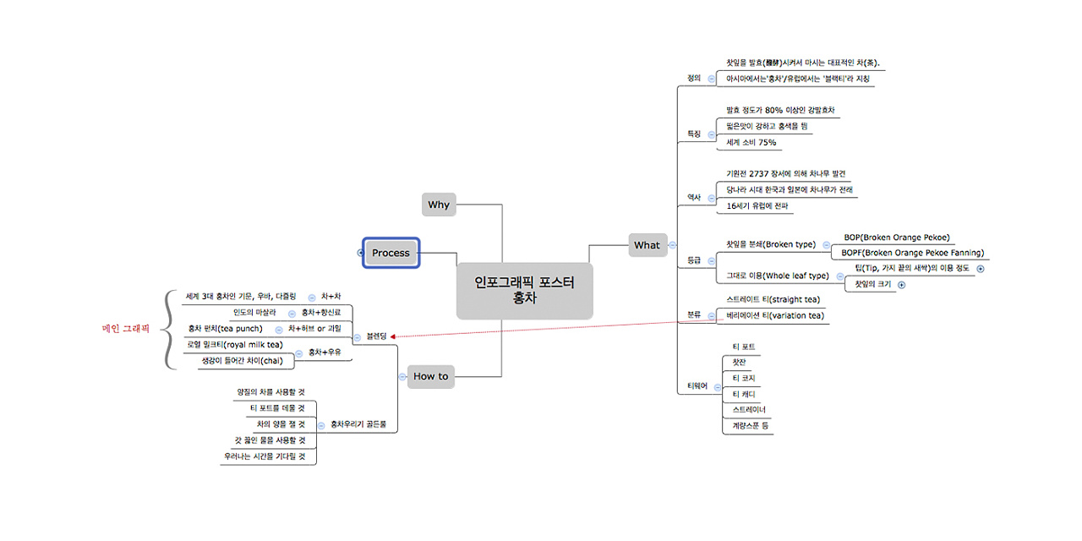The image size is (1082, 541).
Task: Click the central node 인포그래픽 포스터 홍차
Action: (524, 291)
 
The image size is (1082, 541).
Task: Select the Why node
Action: (439, 205)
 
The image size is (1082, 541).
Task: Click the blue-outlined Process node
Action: (391, 253)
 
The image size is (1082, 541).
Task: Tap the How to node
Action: (430, 376)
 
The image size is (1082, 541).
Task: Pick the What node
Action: (647, 245)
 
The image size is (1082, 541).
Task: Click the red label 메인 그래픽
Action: (125, 329)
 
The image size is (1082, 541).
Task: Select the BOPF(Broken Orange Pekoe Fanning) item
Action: (912, 252)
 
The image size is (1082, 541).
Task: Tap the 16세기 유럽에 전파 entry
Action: (757, 205)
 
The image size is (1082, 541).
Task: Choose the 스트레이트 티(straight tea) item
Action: (773, 299)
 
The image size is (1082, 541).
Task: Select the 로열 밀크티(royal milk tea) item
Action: (235, 345)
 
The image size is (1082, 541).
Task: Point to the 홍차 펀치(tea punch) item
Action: (225, 328)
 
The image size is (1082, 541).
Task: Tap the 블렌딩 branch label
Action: (377, 336)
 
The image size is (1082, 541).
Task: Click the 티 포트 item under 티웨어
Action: (744, 347)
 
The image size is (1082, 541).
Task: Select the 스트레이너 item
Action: (749, 410)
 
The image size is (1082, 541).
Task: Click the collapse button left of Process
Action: (360, 253)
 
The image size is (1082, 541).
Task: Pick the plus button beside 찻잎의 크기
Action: (901, 285)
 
